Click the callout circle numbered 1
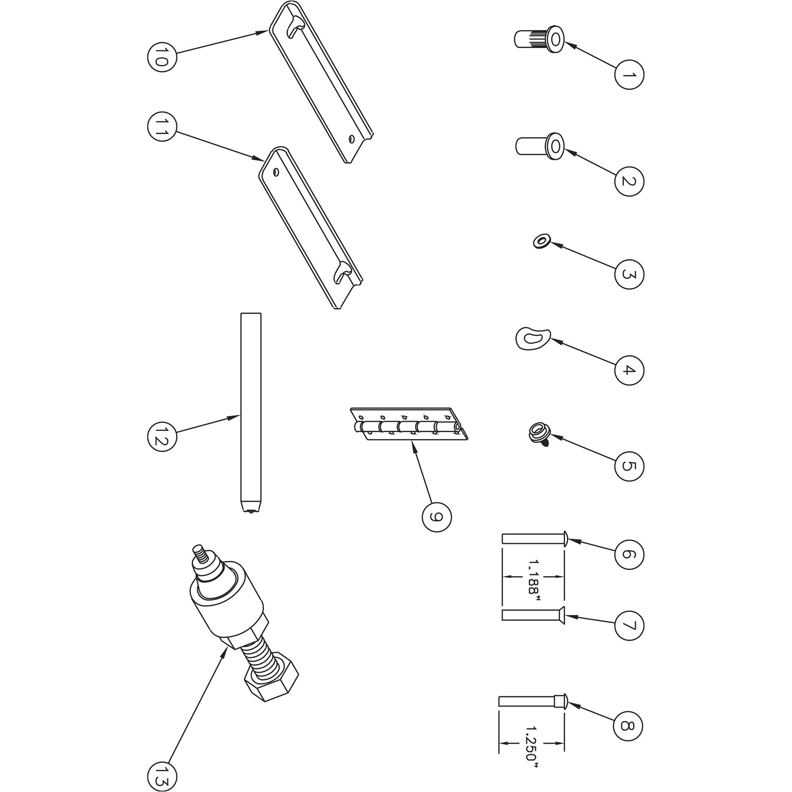[x=629, y=74]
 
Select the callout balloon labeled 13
[x=162, y=777]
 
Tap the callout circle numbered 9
[x=437, y=517]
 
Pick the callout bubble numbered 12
[x=162, y=436]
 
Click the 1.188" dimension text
[x=533, y=578]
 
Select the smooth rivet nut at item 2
[x=539, y=146]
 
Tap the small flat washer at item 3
[x=541, y=242]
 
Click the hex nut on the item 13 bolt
[x=271, y=680]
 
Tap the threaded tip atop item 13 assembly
[x=200, y=553]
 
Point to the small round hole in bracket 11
[x=276, y=172]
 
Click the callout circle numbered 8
[x=628, y=726]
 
